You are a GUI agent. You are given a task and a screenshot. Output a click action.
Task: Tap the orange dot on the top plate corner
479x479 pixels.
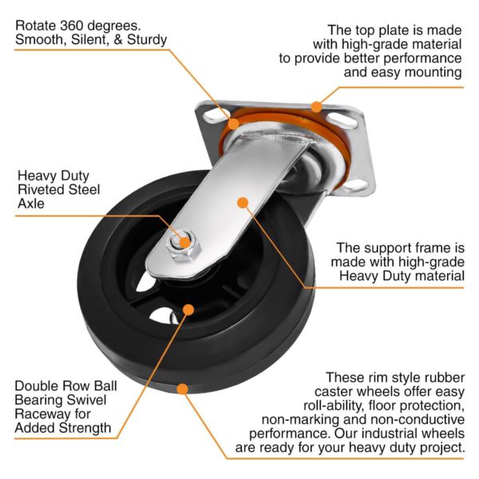click(317, 106)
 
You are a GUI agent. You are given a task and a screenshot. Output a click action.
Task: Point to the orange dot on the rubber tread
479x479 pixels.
click(183, 389)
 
